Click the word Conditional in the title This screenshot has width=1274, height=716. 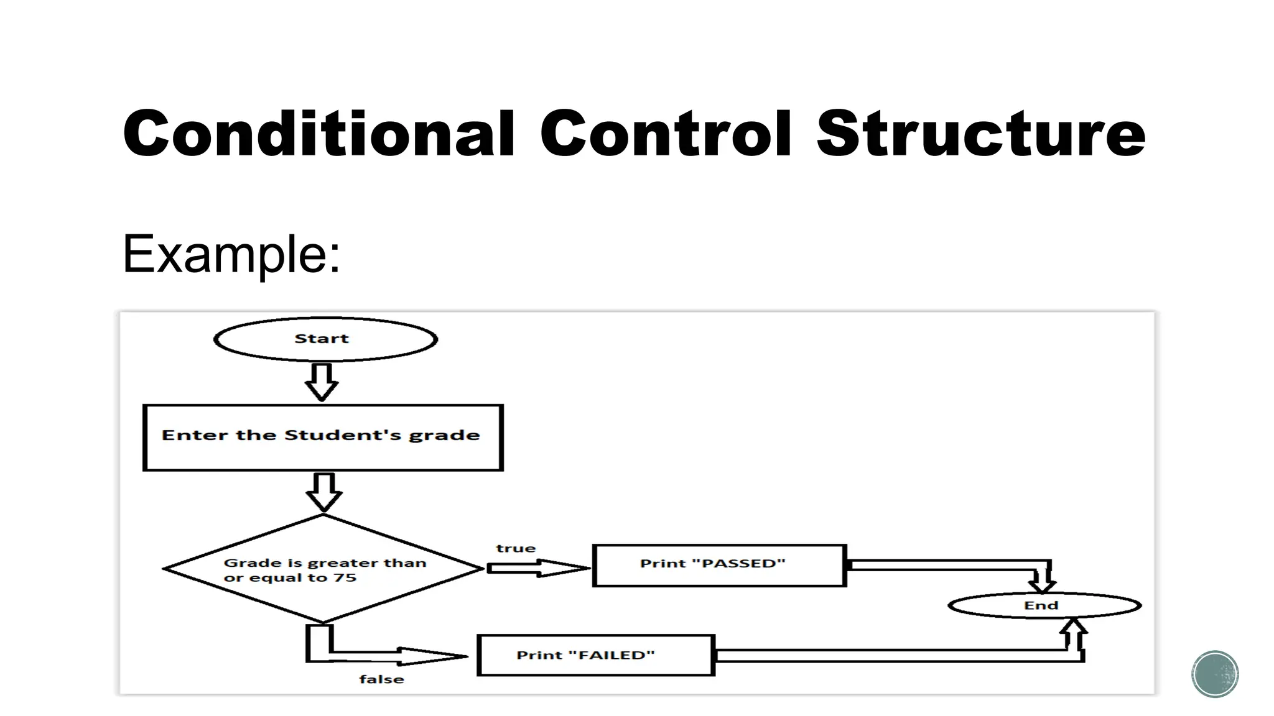click(x=318, y=134)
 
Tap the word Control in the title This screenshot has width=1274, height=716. click(x=666, y=134)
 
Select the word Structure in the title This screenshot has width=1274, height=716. click(x=980, y=134)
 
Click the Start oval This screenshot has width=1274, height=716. click(x=325, y=339)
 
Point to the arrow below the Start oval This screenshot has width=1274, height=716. click(x=322, y=382)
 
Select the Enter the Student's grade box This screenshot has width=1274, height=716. click(x=323, y=438)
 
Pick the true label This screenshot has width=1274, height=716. click(x=516, y=548)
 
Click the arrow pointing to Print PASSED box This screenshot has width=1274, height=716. click(x=537, y=567)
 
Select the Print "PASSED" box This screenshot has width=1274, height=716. click(x=719, y=565)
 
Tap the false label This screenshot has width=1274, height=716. click(x=381, y=679)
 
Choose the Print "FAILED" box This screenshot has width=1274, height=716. click(x=595, y=655)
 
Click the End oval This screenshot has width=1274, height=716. click(x=1044, y=605)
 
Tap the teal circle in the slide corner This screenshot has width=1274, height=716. click(x=1215, y=674)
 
